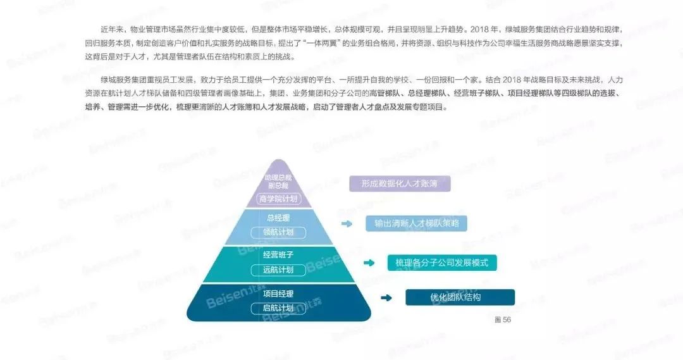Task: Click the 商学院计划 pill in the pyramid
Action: click(x=278, y=199)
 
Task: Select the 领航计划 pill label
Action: click(x=278, y=232)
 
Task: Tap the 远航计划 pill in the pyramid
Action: click(x=278, y=270)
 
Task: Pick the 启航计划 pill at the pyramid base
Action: click(x=278, y=308)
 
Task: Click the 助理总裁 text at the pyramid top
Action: click(x=278, y=177)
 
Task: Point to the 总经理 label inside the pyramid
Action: click(x=278, y=218)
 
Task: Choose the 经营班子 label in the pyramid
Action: click(x=278, y=254)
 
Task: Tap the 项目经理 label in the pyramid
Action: click(x=278, y=294)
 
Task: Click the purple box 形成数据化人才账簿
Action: click(x=400, y=183)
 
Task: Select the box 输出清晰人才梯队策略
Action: click(x=416, y=223)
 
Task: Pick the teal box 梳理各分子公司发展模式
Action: click(x=441, y=263)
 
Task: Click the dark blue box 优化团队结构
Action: click(x=460, y=297)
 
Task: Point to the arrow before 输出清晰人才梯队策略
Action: click(x=347, y=223)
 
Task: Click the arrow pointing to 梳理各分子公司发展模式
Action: click(x=369, y=263)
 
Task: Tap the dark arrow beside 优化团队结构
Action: click(x=386, y=297)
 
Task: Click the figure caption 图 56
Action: click(x=503, y=320)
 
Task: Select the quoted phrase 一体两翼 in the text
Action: click(x=324, y=43)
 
